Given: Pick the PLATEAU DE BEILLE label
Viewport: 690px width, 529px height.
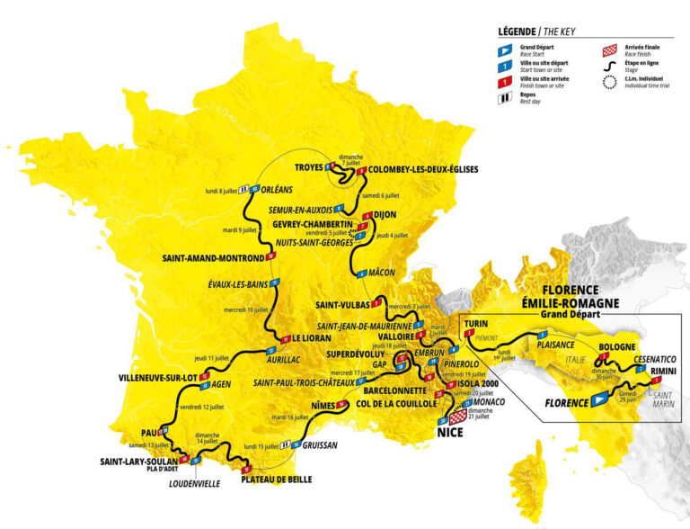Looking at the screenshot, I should coord(276,480).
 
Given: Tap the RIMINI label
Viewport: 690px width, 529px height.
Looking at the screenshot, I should coord(668,370).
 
